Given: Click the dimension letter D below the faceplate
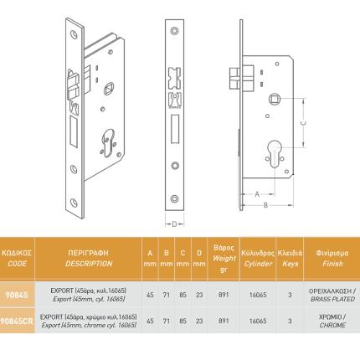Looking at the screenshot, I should [x=176, y=222].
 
